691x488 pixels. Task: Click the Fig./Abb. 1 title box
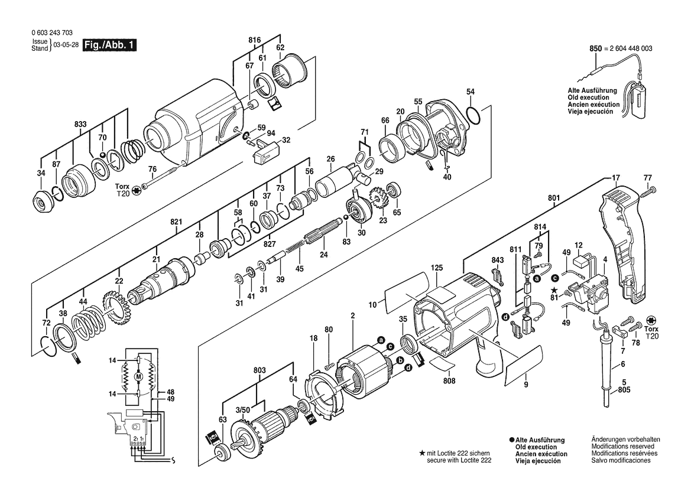(110, 45)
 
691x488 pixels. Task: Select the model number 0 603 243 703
(53, 32)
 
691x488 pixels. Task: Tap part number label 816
(254, 41)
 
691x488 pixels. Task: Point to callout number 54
(471, 92)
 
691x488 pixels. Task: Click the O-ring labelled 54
(472, 116)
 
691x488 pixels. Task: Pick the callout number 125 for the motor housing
(437, 268)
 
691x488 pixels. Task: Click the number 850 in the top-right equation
(595, 48)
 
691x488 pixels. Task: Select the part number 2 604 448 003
(631, 48)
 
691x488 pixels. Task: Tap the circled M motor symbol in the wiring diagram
(138, 376)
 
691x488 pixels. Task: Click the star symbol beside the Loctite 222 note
(421, 453)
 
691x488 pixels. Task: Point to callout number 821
(176, 222)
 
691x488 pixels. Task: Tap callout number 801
(554, 198)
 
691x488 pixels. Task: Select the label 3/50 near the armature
(242, 409)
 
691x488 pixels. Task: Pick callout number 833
(80, 125)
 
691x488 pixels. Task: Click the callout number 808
(449, 381)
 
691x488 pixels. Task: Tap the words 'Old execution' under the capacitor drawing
(588, 97)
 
